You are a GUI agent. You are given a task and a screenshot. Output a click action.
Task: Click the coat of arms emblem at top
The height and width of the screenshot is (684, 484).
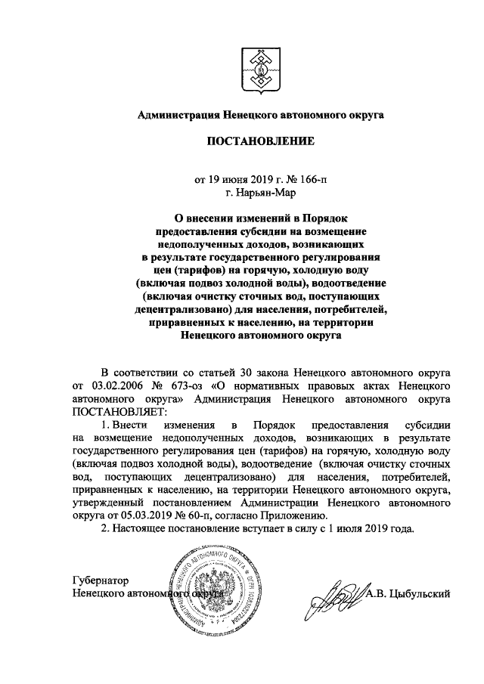260,66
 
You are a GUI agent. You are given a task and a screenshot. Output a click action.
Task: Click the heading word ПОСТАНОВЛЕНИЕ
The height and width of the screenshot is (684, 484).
260,141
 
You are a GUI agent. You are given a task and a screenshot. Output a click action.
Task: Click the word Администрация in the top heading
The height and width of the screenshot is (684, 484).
176,116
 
